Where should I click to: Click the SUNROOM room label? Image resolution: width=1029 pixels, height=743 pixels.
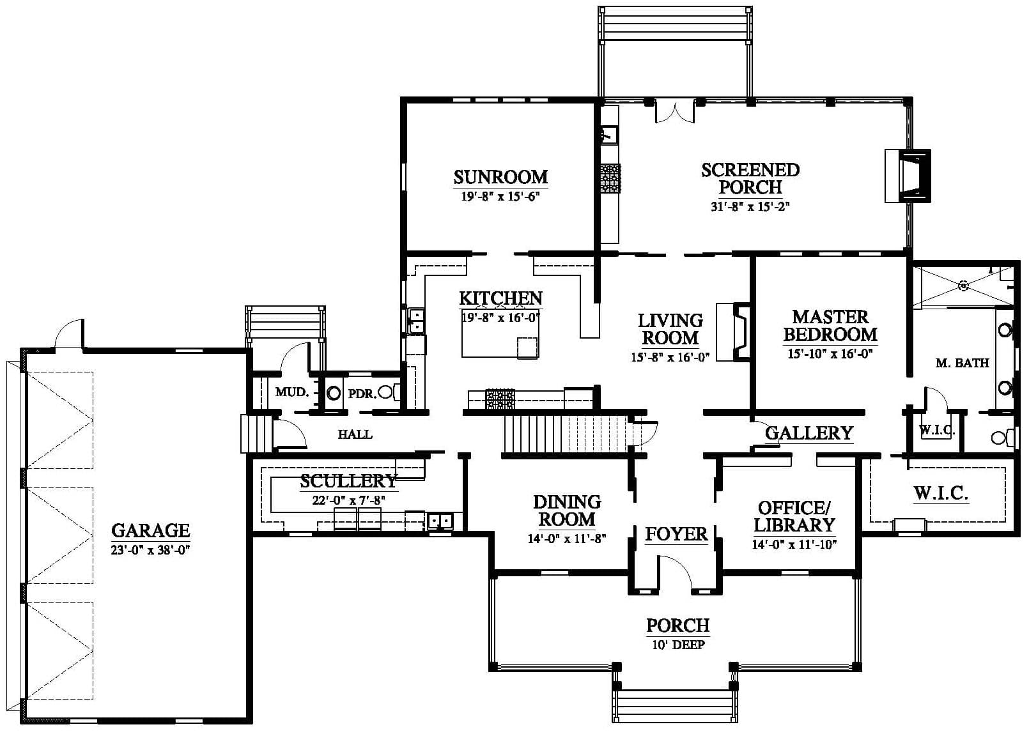coord(500,177)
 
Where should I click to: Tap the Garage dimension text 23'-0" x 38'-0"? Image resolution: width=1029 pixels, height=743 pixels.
coord(150,550)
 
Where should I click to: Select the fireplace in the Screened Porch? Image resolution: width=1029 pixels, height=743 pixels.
coord(908,176)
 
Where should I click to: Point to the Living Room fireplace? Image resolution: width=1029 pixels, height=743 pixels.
coord(733,332)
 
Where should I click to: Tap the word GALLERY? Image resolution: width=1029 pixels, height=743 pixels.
coord(809,433)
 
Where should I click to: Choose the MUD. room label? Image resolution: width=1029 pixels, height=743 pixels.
coord(291,392)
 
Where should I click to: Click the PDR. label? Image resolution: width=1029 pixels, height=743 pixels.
coord(362,394)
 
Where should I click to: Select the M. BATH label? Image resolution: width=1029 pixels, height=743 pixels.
coord(963,364)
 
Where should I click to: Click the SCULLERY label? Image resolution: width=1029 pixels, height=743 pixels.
coord(348,481)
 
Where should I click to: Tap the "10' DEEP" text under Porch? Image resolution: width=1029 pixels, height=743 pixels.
coord(679,645)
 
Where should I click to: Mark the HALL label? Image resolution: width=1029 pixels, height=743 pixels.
coord(355,434)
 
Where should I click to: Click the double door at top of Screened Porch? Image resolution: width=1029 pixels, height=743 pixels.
coord(674,112)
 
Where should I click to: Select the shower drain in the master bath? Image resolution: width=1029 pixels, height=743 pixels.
coord(963,286)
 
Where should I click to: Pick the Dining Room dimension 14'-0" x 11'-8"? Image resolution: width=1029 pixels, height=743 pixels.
coord(567,539)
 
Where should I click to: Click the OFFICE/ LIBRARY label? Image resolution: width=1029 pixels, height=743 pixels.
coord(794,517)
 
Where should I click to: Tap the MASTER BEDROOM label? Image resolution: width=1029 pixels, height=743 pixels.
coord(831,326)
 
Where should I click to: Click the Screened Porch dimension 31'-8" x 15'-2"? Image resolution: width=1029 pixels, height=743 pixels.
coord(750,206)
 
